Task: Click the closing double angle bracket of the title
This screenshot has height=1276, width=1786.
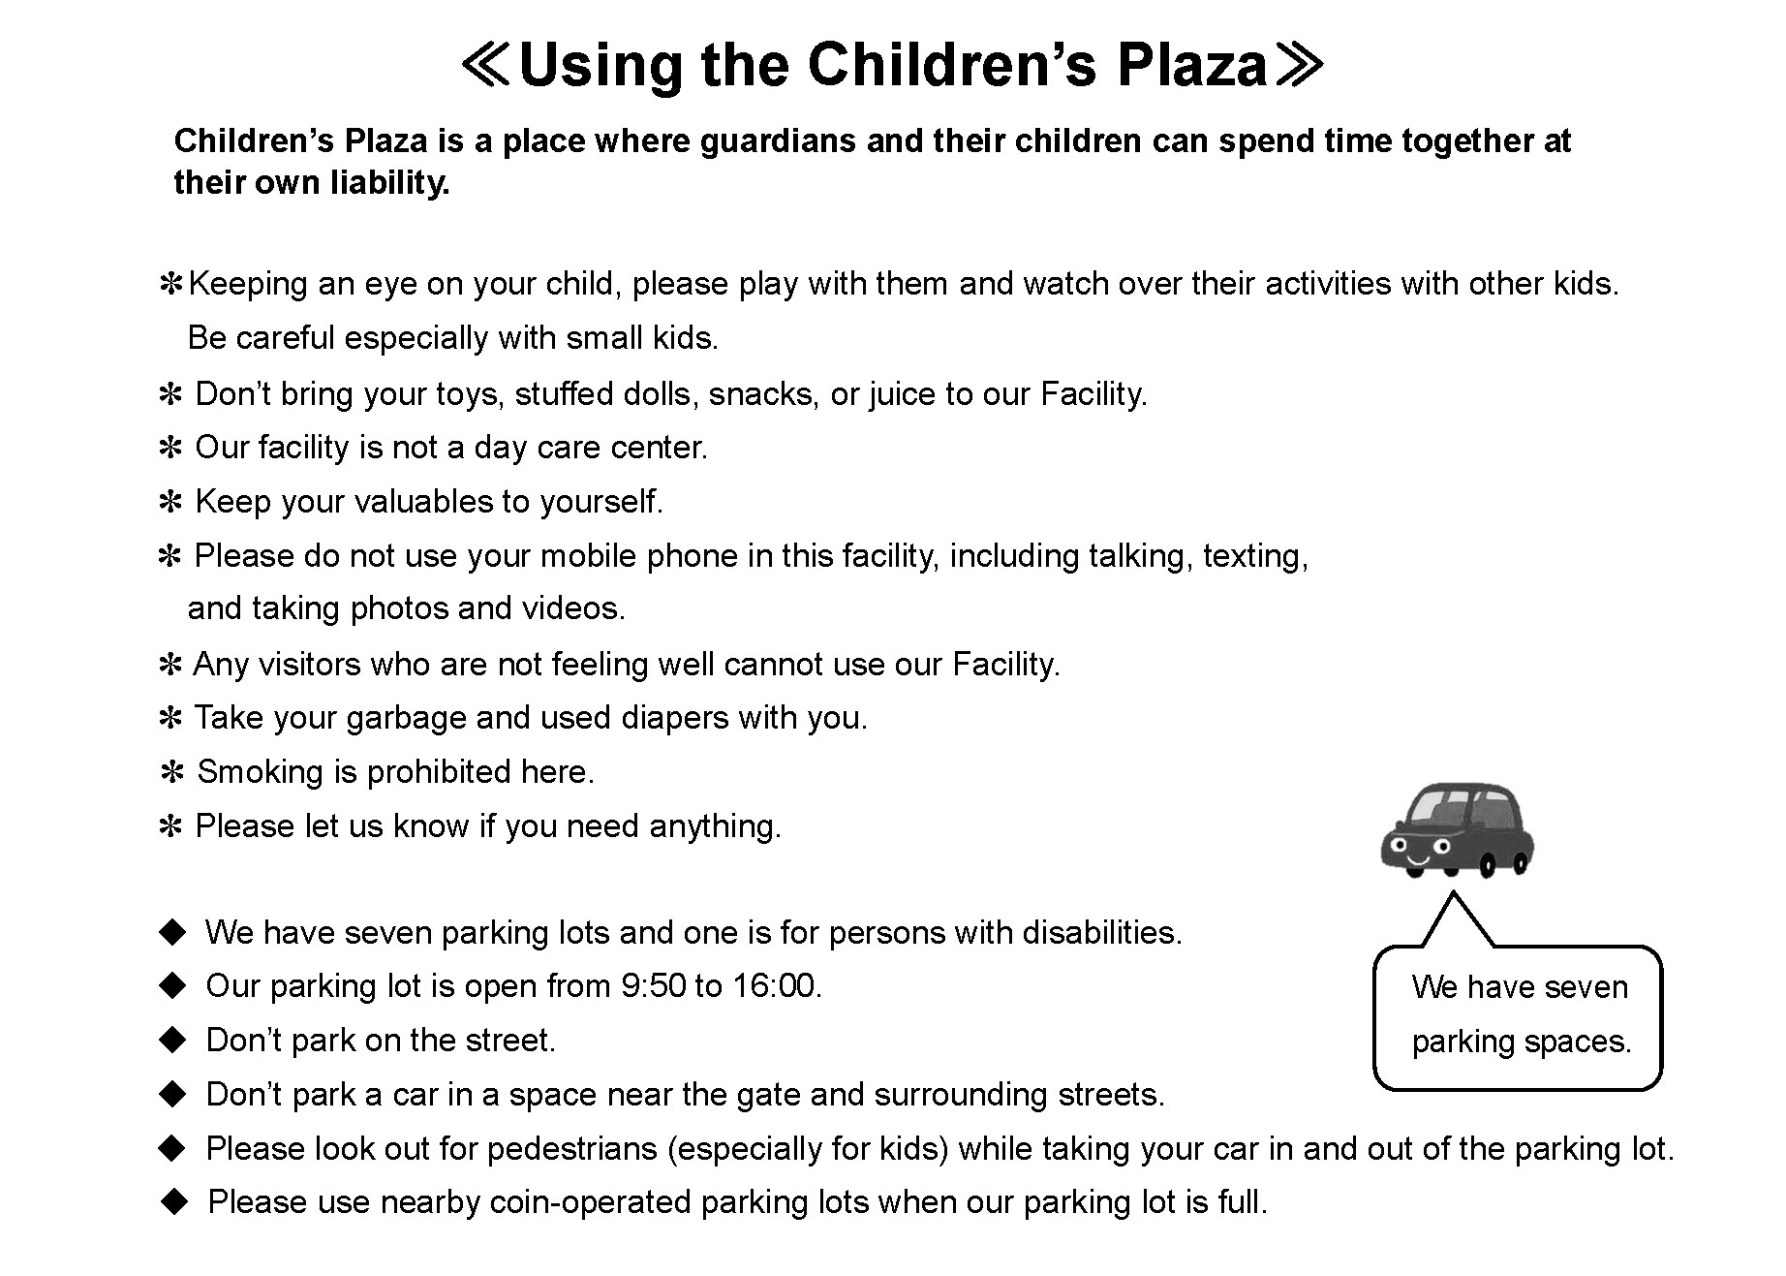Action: (1301, 66)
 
